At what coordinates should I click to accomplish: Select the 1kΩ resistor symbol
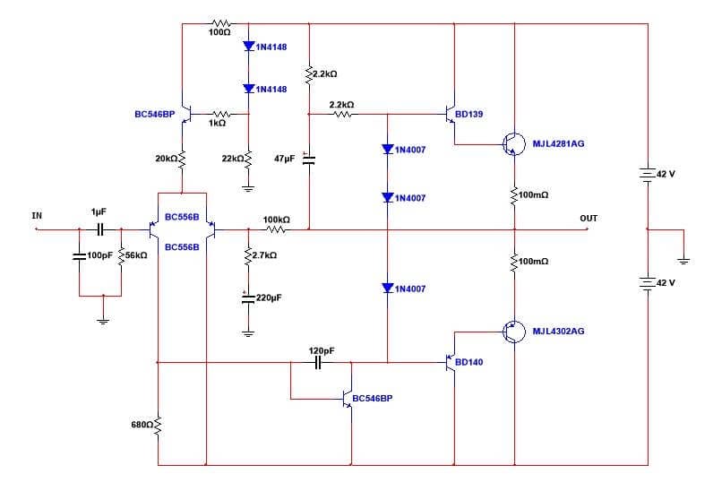(219, 114)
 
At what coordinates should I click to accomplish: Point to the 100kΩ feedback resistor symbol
(276, 229)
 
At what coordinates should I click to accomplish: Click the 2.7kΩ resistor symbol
(247, 255)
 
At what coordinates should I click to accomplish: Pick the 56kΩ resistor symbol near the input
(120, 255)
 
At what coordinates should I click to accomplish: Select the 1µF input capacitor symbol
(99, 228)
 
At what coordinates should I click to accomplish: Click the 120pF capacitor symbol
(321, 362)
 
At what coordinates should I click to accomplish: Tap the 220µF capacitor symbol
(247, 297)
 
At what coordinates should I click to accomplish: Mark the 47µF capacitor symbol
(309, 159)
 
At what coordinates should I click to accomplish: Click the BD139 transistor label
(468, 115)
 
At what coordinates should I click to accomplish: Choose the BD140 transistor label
(468, 363)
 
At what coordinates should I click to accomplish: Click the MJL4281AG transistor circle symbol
(514, 143)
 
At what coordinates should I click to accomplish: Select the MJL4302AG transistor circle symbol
(514, 332)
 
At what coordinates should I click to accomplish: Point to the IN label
(37, 215)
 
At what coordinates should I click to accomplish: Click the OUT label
(588, 219)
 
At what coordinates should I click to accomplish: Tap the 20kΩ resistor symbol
(183, 159)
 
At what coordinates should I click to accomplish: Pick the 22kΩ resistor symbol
(247, 159)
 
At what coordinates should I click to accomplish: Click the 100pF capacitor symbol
(80, 256)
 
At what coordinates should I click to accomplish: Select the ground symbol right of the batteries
(683, 261)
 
